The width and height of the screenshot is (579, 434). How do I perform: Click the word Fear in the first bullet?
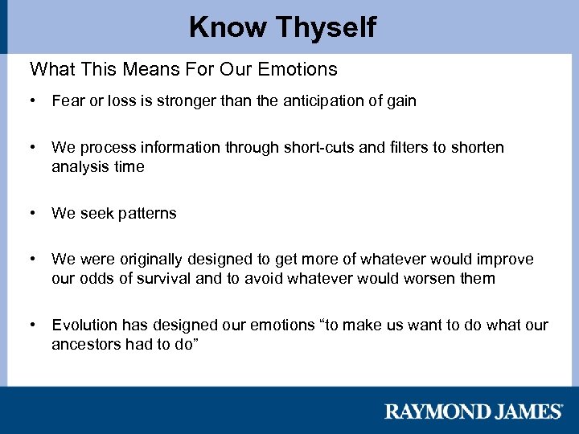coord(67,100)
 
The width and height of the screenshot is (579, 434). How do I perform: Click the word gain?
coord(400,100)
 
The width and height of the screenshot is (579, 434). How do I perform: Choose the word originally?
coord(156,260)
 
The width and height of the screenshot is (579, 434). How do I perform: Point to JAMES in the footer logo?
coord(524,411)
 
